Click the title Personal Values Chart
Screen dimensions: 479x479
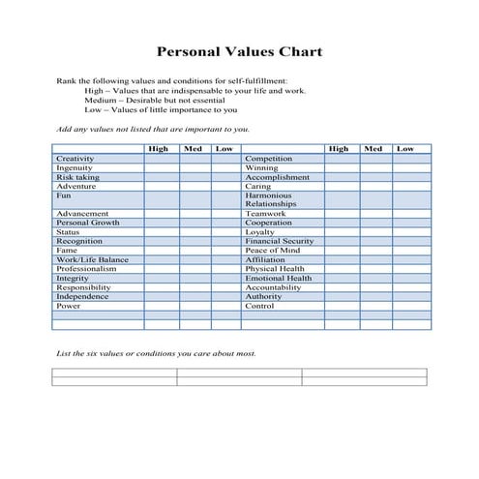[239, 52]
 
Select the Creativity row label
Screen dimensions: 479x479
[75, 159]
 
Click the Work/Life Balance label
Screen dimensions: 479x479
[92, 259]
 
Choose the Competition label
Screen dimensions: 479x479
[268, 159]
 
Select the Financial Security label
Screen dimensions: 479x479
[279, 241]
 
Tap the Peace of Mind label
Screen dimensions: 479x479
[272, 251]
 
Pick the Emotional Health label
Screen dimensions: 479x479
[279, 278]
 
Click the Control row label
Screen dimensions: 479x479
[260, 306]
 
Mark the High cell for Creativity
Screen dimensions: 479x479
[162, 159]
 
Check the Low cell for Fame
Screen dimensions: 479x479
[224, 251]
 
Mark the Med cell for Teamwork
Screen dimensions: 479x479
[373, 214]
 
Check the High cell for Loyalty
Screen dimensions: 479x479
[339, 232]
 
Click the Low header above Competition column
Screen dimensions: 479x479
[405, 149]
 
